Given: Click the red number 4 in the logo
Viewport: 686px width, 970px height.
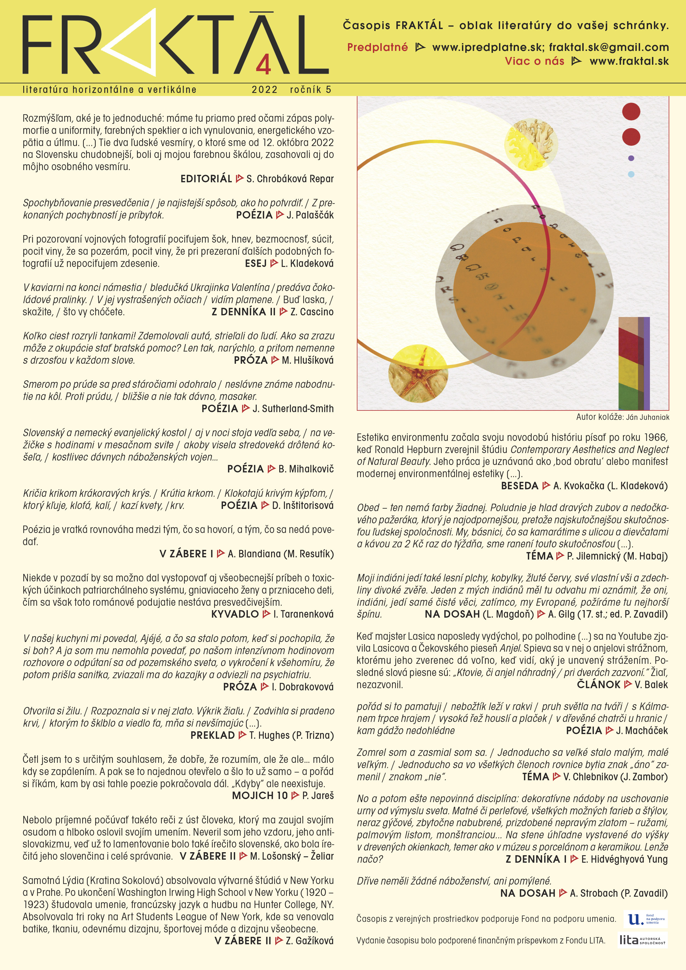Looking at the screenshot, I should click(x=263, y=66).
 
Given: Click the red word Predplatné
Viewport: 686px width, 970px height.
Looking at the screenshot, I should click(x=377, y=47).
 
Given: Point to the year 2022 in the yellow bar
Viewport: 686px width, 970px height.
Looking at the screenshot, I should click(x=264, y=90).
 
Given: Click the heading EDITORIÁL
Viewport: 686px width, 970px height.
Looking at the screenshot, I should click(x=206, y=179).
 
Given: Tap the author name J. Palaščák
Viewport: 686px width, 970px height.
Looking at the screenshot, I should click(x=310, y=215).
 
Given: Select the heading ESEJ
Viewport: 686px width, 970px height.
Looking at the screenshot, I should click(x=256, y=264).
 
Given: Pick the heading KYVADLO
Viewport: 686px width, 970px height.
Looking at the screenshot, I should click(x=235, y=614).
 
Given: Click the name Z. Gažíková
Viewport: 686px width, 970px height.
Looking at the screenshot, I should click(x=309, y=941).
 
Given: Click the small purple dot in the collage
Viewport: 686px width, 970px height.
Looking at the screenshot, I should click(x=631, y=158).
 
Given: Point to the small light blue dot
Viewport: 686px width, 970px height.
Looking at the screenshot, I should click(x=631, y=174).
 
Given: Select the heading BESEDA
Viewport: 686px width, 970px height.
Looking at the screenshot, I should click(x=519, y=486).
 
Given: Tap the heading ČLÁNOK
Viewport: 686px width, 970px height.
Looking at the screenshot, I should click(x=599, y=685).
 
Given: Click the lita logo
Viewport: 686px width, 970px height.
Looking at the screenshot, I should click(x=642, y=940).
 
